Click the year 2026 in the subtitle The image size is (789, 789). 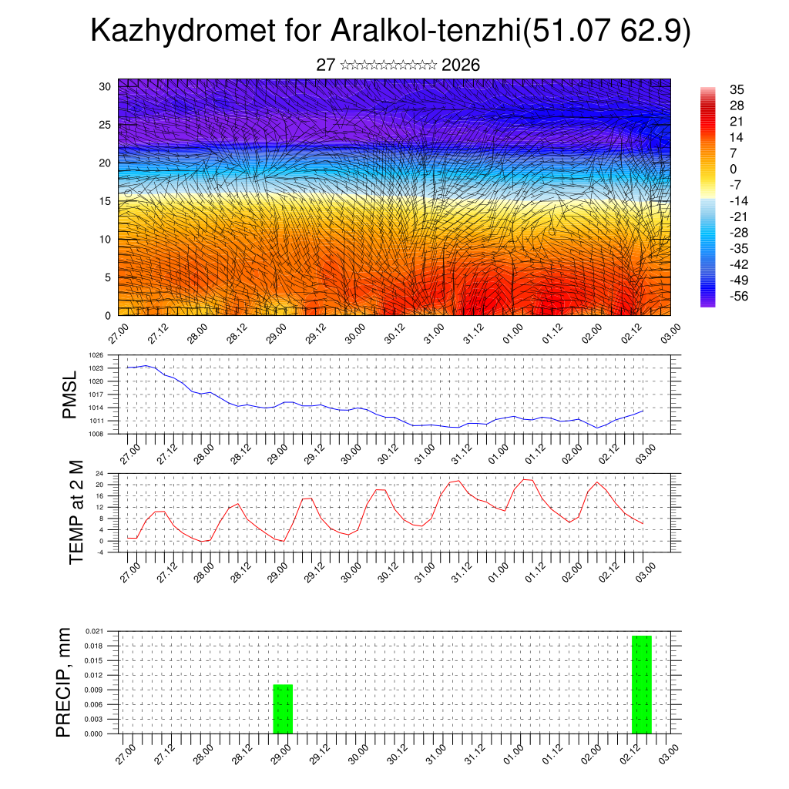pos(462,65)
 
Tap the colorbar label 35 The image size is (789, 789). pos(737,90)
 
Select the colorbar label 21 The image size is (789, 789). pos(737,122)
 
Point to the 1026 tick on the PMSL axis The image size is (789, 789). pos(96,355)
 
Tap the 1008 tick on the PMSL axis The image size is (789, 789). pos(96,434)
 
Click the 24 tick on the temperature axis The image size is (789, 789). pos(99,473)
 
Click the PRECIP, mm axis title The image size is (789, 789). pos(66,682)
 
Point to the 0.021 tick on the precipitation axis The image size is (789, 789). pos(94,631)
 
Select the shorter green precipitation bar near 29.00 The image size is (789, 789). pos(283,709)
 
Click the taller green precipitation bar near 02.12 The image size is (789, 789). pos(641,684)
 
